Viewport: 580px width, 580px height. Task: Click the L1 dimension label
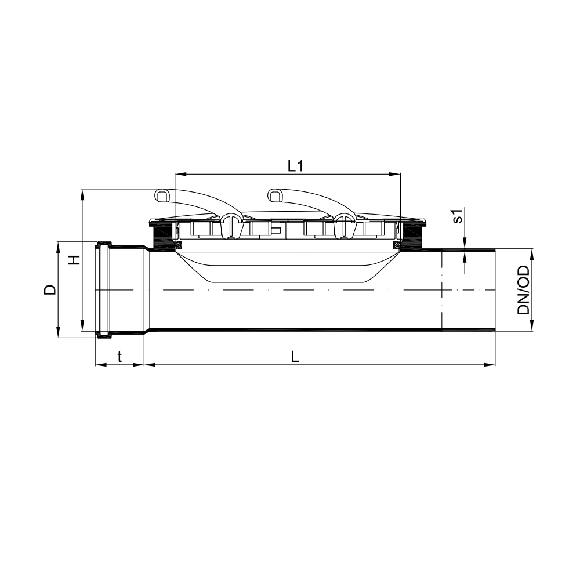(x=296, y=166)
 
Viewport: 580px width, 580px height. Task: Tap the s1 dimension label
(x=458, y=216)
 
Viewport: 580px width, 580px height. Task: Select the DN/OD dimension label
(x=524, y=291)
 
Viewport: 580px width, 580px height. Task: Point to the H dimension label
(x=75, y=260)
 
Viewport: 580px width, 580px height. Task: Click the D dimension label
(x=50, y=289)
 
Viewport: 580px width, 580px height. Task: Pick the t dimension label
(x=119, y=357)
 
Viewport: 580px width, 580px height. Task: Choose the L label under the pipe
(x=295, y=357)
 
